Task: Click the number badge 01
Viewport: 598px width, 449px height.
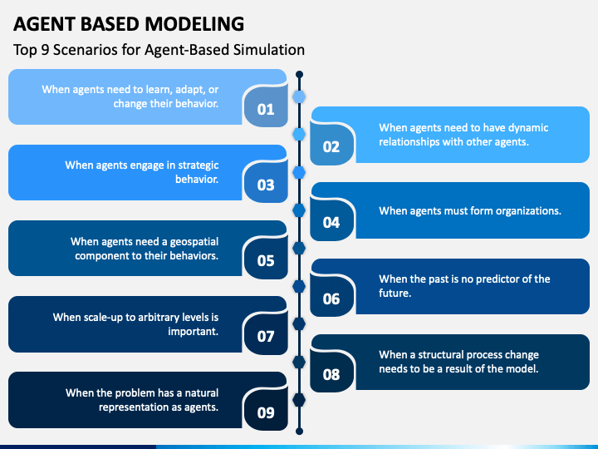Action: [266, 107]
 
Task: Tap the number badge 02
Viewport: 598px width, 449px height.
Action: [331, 145]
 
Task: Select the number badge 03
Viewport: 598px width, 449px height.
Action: [266, 183]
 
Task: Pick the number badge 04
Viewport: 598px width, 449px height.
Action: [331, 220]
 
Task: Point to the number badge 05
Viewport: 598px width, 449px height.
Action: [266, 259]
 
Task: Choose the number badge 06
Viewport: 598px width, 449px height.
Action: [331, 296]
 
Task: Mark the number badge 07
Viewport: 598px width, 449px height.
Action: [266, 334]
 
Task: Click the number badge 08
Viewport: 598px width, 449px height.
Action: [331, 372]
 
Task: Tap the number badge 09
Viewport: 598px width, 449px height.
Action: [266, 410]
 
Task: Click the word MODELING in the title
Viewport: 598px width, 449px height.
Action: [194, 24]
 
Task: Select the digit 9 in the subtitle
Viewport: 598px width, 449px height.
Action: [45, 50]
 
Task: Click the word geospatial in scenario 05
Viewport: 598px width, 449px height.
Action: [194, 242]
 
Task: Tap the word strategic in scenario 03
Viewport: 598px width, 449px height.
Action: [199, 165]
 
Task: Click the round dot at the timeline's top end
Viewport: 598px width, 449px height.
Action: [299, 74]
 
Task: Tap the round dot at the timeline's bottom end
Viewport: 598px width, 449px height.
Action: [299, 431]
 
